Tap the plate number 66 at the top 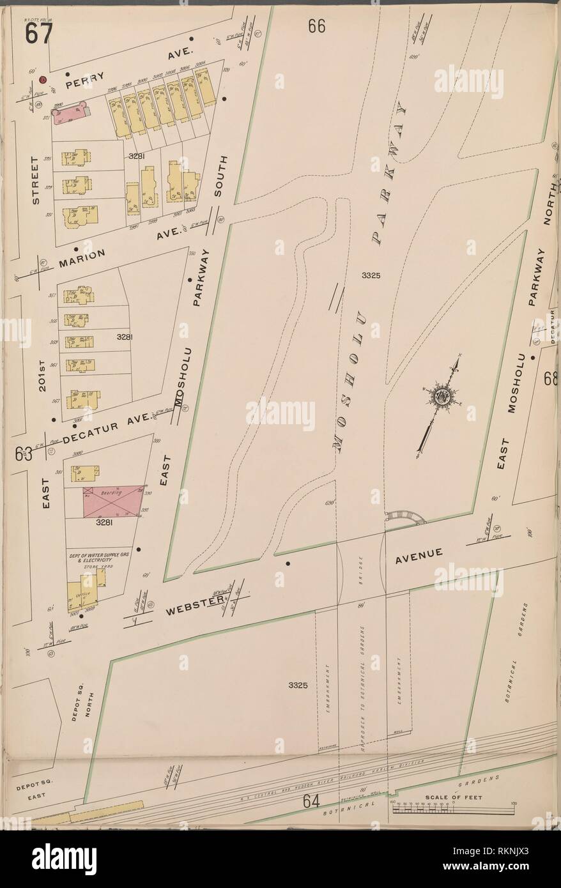(316, 26)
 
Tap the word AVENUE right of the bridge (419, 558)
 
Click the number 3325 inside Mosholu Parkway (371, 276)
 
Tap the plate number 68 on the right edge (551, 379)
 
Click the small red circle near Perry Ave (43, 80)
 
